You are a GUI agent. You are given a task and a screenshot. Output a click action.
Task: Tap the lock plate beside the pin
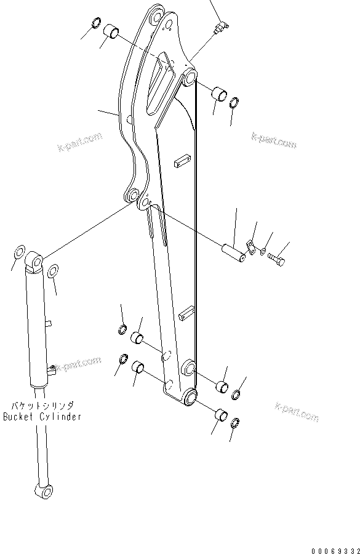pyautogui.click(x=250, y=246)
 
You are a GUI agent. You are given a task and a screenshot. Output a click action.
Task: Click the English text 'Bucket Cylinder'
pyautogui.click(x=42, y=417)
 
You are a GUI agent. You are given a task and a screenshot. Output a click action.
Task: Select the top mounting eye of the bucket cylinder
pyautogui.click(x=34, y=263)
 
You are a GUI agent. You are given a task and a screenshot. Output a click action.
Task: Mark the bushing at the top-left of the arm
pyautogui.click(x=111, y=30)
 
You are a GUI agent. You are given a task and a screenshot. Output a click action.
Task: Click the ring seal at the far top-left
pyautogui.click(x=96, y=24)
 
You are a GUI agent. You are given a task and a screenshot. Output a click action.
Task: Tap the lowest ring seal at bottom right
pyautogui.click(x=235, y=424)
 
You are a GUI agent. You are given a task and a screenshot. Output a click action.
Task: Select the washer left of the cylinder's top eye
pyautogui.click(x=18, y=252)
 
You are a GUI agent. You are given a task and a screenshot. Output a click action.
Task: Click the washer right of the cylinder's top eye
pyautogui.click(x=54, y=271)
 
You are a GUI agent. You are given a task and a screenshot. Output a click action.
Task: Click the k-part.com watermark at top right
pyautogui.click(x=274, y=140)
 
